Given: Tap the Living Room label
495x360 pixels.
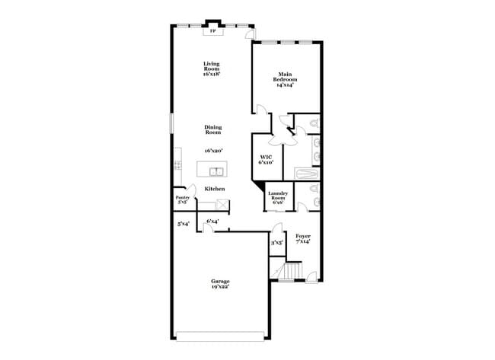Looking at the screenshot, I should point(212,68).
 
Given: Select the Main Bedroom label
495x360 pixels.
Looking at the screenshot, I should point(286,79).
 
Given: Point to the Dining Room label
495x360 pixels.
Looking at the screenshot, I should point(212,129).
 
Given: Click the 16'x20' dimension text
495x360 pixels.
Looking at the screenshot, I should point(212,151).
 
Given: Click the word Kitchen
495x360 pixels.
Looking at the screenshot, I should point(214,188).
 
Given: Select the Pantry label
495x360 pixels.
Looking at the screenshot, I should point(183,199).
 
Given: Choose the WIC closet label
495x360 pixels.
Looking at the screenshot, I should point(266,159).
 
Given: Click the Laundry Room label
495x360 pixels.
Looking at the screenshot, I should point(277,196).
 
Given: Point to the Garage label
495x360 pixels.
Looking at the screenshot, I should point(220,283).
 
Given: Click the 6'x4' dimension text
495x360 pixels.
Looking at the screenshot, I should point(212,221).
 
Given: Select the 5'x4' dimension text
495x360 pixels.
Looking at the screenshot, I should point(183,224).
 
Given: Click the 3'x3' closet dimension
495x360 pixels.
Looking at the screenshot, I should point(276,242).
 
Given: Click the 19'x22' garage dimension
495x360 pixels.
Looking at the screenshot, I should point(220,288).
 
